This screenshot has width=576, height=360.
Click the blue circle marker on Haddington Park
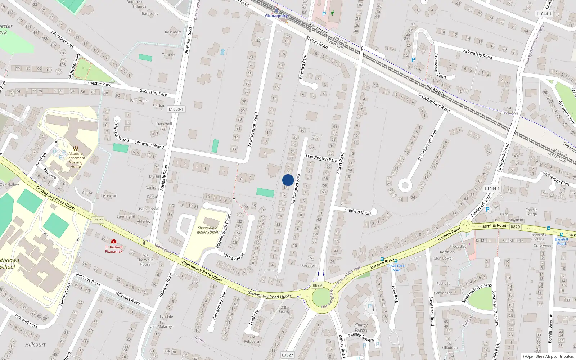[x=288, y=180]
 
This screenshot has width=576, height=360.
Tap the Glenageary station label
[x=276, y=16]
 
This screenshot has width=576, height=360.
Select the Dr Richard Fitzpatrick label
[x=114, y=249]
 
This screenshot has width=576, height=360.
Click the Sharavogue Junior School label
[x=207, y=230]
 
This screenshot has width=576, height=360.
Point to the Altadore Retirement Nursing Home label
[x=76, y=160]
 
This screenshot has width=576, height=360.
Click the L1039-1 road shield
[x=176, y=109]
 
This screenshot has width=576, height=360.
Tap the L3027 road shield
[x=287, y=355]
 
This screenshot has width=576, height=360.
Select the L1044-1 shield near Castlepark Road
[x=492, y=189]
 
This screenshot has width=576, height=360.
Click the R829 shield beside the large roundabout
[x=317, y=285]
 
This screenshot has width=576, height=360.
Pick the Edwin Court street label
[x=360, y=212]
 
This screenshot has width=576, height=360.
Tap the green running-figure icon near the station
[x=332, y=13]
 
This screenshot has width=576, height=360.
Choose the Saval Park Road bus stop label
[x=396, y=268]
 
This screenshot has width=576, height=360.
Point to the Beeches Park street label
[x=303, y=67]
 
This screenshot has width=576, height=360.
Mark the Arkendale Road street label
[x=477, y=54]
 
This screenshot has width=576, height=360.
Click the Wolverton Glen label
[x=556, y=179]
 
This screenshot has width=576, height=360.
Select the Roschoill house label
[x=309, y=265]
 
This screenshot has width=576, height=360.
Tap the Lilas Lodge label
[x=509, y=112]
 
